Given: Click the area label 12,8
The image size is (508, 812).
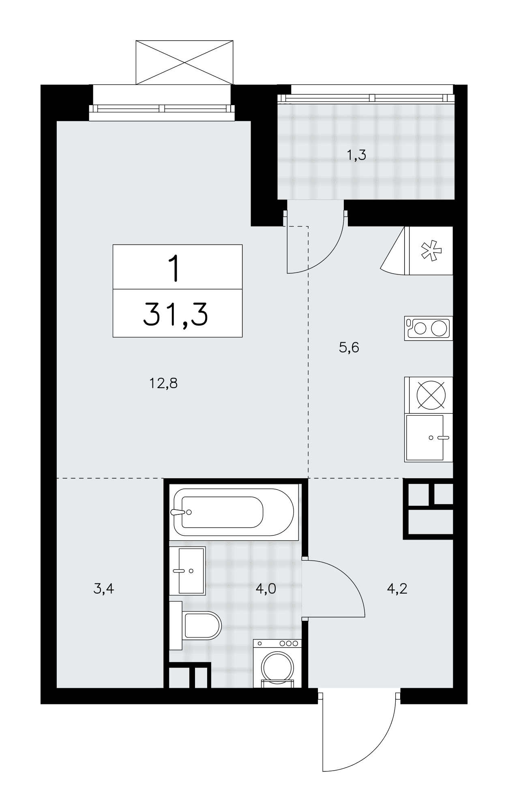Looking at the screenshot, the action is [x=164, y=383].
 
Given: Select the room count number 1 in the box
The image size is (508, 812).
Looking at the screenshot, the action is [x=175, y=268].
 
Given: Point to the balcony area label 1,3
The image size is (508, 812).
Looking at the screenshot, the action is [x=356, y=155].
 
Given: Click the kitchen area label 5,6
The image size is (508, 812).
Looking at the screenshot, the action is [x=349, y=348].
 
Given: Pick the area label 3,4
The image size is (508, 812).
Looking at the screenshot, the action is [x=103, y=588].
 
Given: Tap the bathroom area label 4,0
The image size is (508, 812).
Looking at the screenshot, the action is [x=266, y=588].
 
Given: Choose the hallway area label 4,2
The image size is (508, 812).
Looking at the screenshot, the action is [x=397, y=588].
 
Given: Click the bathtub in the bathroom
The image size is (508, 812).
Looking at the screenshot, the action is [x=234, y=512].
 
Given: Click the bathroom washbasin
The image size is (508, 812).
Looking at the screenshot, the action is [x=187, y=570].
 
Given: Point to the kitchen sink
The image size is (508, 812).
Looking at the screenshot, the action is [x=429, y=438].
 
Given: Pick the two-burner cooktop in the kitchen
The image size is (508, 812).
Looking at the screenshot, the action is [x=429, y=328].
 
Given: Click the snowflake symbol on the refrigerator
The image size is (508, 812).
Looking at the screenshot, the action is [x=431, y=251].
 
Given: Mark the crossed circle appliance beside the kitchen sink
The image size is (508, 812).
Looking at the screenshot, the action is [x=431, y=395].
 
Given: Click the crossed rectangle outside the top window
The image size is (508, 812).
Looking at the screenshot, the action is [x=184, y=62].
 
